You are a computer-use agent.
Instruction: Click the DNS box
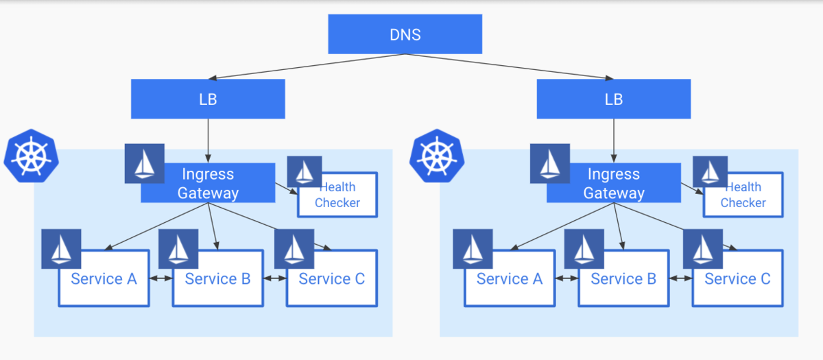coord(405,34)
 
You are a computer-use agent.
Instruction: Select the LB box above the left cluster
coord(208,99)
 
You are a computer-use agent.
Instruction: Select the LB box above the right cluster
coord(613,99)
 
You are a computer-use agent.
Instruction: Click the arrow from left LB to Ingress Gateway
coord(208,140)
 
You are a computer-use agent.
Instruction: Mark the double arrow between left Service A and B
coord(160,279)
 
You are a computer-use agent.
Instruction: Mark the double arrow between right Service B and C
coord(680,279)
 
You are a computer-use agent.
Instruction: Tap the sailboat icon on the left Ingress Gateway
coord(144,164)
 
